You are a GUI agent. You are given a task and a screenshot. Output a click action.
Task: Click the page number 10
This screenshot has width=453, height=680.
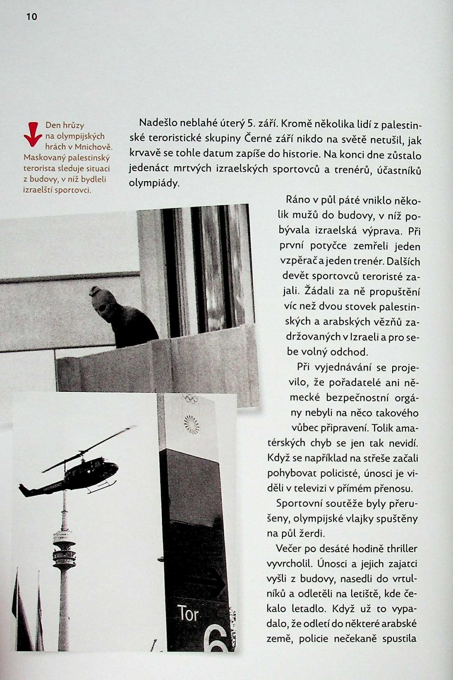point(32,17)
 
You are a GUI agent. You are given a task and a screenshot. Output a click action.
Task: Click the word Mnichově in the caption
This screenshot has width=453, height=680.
point(93,147)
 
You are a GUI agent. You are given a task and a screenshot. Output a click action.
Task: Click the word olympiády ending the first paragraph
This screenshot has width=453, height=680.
point(154,183)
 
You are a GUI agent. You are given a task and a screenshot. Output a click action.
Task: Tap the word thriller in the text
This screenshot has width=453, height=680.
point(402,548)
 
